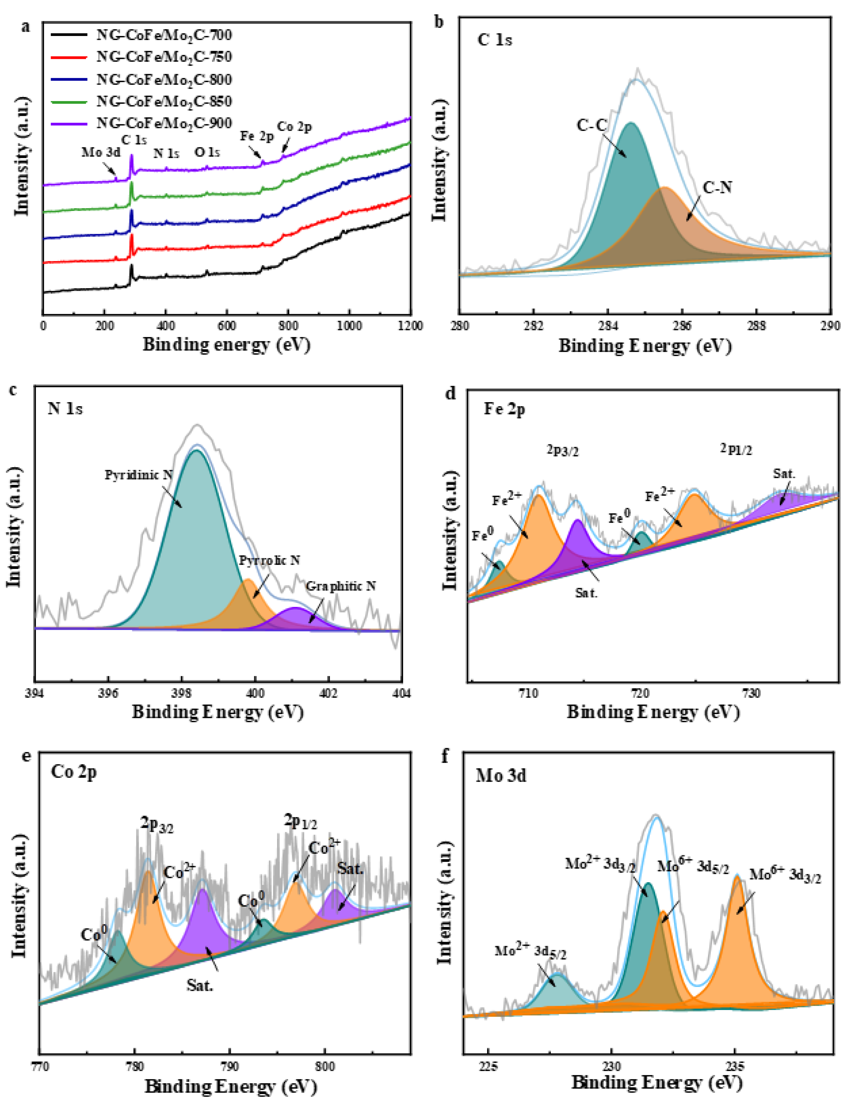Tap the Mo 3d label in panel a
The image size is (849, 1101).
tap(101, 152)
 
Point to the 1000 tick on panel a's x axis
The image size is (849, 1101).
tap(349, 326)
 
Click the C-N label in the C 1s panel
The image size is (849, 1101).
tap(717, 188)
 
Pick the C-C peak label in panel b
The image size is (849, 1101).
tap(592, 125)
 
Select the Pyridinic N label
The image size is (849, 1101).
tap(139, 475)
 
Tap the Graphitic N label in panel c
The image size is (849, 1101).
tap(341, 586)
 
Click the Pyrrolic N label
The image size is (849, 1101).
tap(270, 561)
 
